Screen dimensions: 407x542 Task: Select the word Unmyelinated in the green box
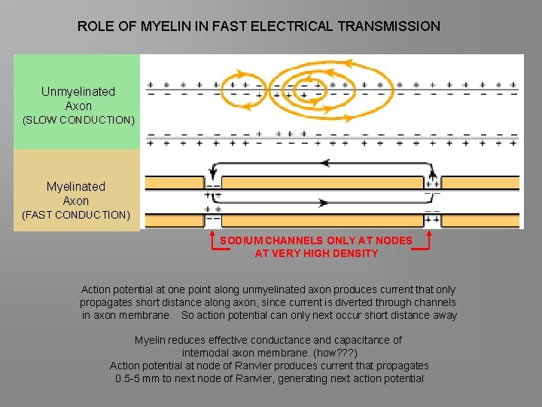(78, 92)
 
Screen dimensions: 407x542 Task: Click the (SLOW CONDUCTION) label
(78, 120)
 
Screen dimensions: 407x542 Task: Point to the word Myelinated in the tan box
(76, 186)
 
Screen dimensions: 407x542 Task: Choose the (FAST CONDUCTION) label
(76, 215)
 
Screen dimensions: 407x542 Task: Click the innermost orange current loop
(307, 84)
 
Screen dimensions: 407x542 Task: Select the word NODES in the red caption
(396, 240)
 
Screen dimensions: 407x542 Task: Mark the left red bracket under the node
(211, 240)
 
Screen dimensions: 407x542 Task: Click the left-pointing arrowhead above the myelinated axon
(325, 163)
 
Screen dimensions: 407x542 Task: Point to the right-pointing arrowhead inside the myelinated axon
(324, 202)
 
